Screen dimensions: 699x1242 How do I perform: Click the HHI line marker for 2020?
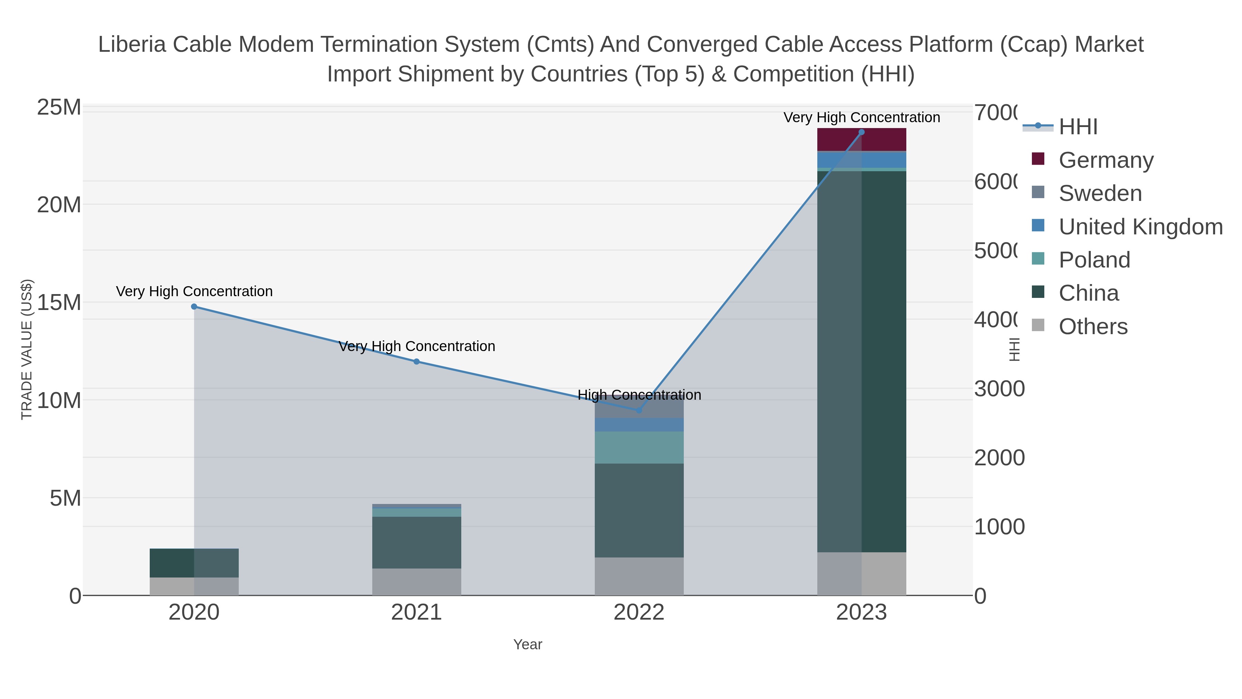coord(194,306)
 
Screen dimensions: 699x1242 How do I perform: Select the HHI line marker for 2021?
coord(416,361)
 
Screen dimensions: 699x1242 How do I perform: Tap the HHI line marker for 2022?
coord(639,410)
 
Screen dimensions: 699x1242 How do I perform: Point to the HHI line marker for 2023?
coord(861,132)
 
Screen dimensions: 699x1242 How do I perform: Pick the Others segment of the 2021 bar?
coord(416,581)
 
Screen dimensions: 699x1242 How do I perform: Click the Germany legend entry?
coord(1106,160)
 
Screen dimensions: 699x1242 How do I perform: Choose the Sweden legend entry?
coord(1100,193)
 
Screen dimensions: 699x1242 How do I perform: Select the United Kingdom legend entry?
coord(1140,227)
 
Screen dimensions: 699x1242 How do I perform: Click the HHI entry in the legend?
coord(1078,127)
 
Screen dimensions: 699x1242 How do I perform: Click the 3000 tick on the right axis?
coord(999,389)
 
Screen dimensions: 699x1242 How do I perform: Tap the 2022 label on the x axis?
coord(639,613)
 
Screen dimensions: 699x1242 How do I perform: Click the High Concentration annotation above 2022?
coord(639,395)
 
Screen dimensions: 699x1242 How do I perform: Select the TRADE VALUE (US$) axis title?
coord(27,349)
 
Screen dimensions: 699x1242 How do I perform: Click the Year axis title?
coord(528,644)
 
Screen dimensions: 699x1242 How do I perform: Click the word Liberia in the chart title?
coord(132,45)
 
